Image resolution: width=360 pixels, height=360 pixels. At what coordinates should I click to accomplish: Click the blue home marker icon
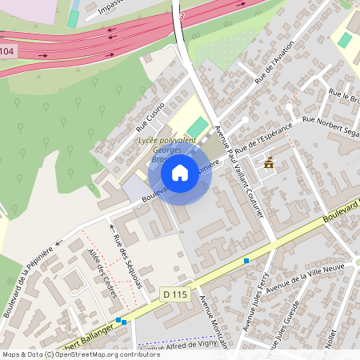pyautogui.click(x=180, y=172)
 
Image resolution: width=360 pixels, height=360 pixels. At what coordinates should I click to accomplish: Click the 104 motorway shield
pyautogui.click(x=7, y=52)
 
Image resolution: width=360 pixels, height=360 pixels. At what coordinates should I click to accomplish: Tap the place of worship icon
pyautogui.click(x=269, y=162)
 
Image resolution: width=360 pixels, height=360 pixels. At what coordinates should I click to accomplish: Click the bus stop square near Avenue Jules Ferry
pyautogui.click(x=246, y=261)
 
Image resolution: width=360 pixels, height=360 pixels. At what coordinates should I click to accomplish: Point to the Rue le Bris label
pyautogui.click(x=345, y=98)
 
